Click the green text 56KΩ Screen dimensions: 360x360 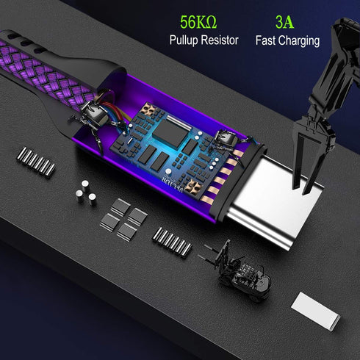coord(198,22)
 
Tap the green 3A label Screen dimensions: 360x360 coord(284,22)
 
